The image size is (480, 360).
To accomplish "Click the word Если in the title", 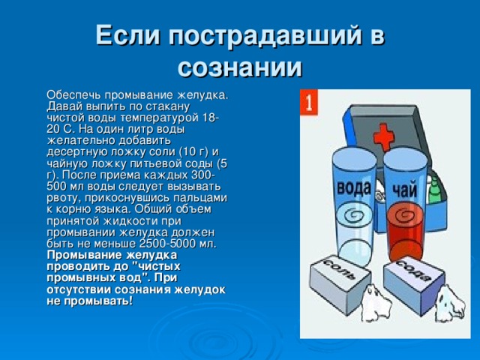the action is pos(127,35).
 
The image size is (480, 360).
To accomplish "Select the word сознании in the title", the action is pos(240,67).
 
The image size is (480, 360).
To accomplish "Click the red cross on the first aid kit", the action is pos(384,136).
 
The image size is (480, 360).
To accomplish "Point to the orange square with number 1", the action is pos(309,102).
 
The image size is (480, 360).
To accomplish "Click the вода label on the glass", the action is pos(354,187).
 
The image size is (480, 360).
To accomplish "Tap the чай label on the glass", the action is pos(405,190).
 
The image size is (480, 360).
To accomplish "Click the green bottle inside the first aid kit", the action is pos(433,191).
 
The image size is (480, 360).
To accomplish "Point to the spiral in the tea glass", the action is pos(405,215).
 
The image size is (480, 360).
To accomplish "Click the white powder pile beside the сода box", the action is pos(450,304).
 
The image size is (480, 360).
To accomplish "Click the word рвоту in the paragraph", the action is pos(64,198).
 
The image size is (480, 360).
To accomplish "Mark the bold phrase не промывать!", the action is pos(90,301).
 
